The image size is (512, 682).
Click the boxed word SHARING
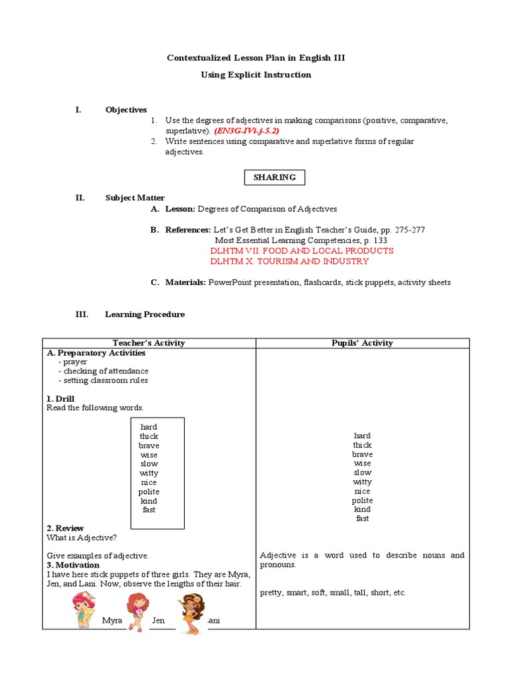click(x=274, y=177)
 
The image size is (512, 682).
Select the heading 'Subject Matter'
click(x=135, y=198)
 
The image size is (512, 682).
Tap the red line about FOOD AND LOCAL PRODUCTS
click(x=301, y=251)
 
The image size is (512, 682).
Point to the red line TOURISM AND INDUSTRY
click(x=289, y=261)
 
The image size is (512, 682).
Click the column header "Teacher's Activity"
click(x=149, y=343)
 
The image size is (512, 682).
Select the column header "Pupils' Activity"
click(x=362, y=343)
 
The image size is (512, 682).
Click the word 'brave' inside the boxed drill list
click(x=149, y=446)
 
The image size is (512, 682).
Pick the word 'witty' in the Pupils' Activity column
click(x=362, y=482)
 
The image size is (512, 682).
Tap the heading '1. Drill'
click(x=61, y=398)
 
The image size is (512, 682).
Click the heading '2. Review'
click(x=65, y=528)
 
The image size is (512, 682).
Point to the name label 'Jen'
click(x=158, y=621)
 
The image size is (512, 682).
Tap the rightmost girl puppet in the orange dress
click(x=191, y=612)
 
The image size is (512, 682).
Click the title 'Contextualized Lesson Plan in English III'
click(x=256, y=59)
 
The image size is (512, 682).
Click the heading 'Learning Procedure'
click(x=145, y=314)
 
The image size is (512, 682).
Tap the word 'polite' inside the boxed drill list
click(x=149, y=492)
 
